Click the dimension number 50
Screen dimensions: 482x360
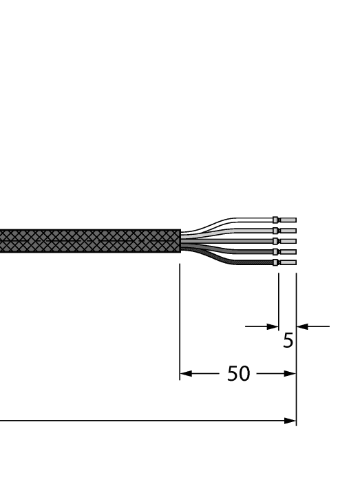tap(238, 375)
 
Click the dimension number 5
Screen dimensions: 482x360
tap(288, 340)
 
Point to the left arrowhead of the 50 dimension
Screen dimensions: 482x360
tap(184, 375)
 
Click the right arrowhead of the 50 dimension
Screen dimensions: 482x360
tap(291, 375)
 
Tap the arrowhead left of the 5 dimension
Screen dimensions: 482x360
tap(274, 326)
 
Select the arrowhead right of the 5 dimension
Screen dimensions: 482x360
tap(301, 326)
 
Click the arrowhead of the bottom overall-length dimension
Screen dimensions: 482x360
tap(291, 420)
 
